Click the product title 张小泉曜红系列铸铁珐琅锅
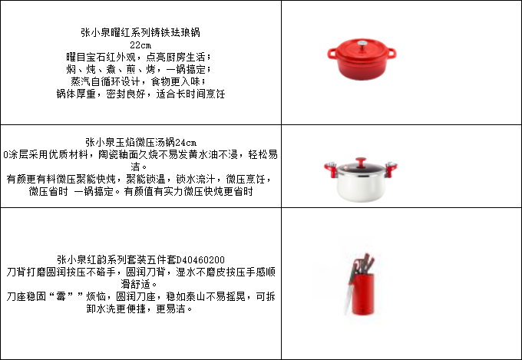(x=140, y=32)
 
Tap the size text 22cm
(x=140, y=45)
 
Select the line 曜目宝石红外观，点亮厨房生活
(x=138, y=57)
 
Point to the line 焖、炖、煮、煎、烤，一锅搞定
(x=138, y=69)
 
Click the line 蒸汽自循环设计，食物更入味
(x=138, y=81)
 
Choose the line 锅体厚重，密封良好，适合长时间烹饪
(x=140, y=94)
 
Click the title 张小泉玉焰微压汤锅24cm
(x=140, y=143)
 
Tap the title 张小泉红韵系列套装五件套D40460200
(x=140, y=259)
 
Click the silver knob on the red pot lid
(x=362, y=44)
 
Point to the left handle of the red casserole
(x=332, y=54)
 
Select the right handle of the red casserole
(x=391, y=53)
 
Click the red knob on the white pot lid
(x=361, y=162)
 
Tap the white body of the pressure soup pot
(x=362, y=188)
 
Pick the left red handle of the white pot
(x=331, y=169)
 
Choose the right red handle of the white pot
(x=391, y=169)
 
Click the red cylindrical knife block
(x=362, y=294)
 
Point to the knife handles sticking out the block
(x=364, y=264)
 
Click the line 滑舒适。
(x=138, y=284)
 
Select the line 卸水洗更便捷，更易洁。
(x=139, y=309)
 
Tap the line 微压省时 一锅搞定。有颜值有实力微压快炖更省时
(x=140, y=191)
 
